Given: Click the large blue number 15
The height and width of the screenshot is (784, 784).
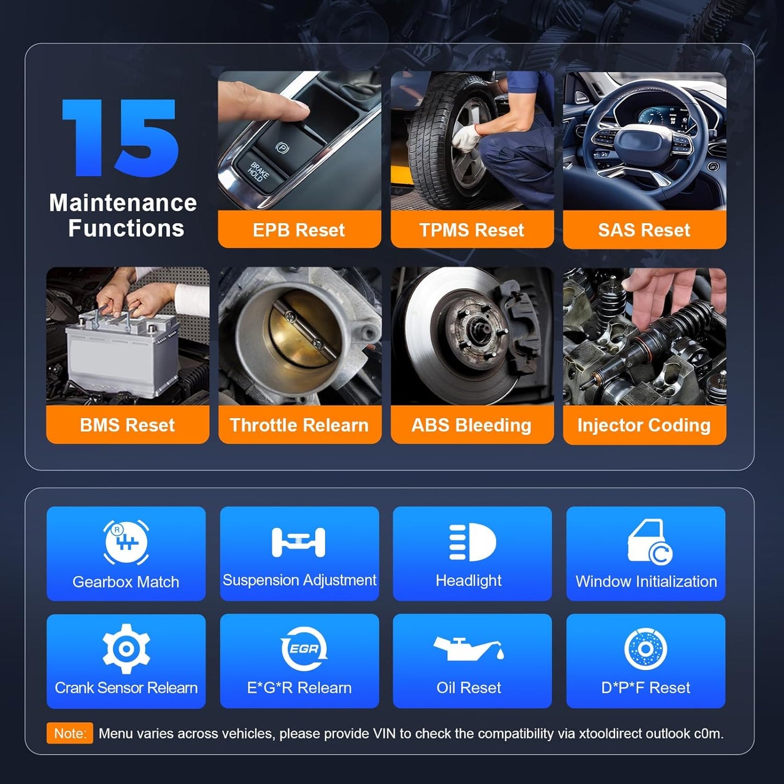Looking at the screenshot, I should (x=120, y=138).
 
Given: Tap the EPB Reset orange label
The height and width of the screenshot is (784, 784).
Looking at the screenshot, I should (x=299, y=230).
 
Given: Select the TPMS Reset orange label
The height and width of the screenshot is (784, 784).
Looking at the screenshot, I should (x=471, y=230).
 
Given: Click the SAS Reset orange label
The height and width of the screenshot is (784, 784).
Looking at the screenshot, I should (x=644, y=230).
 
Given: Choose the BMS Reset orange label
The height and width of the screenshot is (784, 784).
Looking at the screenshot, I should (x=128, y=425).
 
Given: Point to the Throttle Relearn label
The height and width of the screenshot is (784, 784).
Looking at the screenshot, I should (x=299, y=425).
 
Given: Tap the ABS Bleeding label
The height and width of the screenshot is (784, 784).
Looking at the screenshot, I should (x=471, y=425).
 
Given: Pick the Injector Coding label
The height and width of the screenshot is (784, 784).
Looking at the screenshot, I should (x=644, y=425).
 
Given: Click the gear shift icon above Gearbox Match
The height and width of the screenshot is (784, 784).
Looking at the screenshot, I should (x=126, y=542).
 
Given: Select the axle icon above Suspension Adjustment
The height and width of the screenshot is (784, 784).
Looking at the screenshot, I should (x=298, y=542).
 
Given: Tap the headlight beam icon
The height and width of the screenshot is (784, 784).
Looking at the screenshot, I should (x=472, y=542).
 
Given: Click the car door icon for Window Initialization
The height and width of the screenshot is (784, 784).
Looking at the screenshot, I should (x=649, y=542).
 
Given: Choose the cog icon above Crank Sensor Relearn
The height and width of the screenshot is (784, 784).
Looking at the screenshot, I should (x=126, y=648).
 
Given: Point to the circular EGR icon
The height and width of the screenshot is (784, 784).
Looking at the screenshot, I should (x=303, y=648).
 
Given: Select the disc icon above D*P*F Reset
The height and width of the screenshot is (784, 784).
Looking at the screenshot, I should (x=645, y=649).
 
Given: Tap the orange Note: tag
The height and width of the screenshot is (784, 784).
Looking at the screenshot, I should (x=70, y=734).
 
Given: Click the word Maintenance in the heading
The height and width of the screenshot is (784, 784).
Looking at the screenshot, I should (x=123, y=203).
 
